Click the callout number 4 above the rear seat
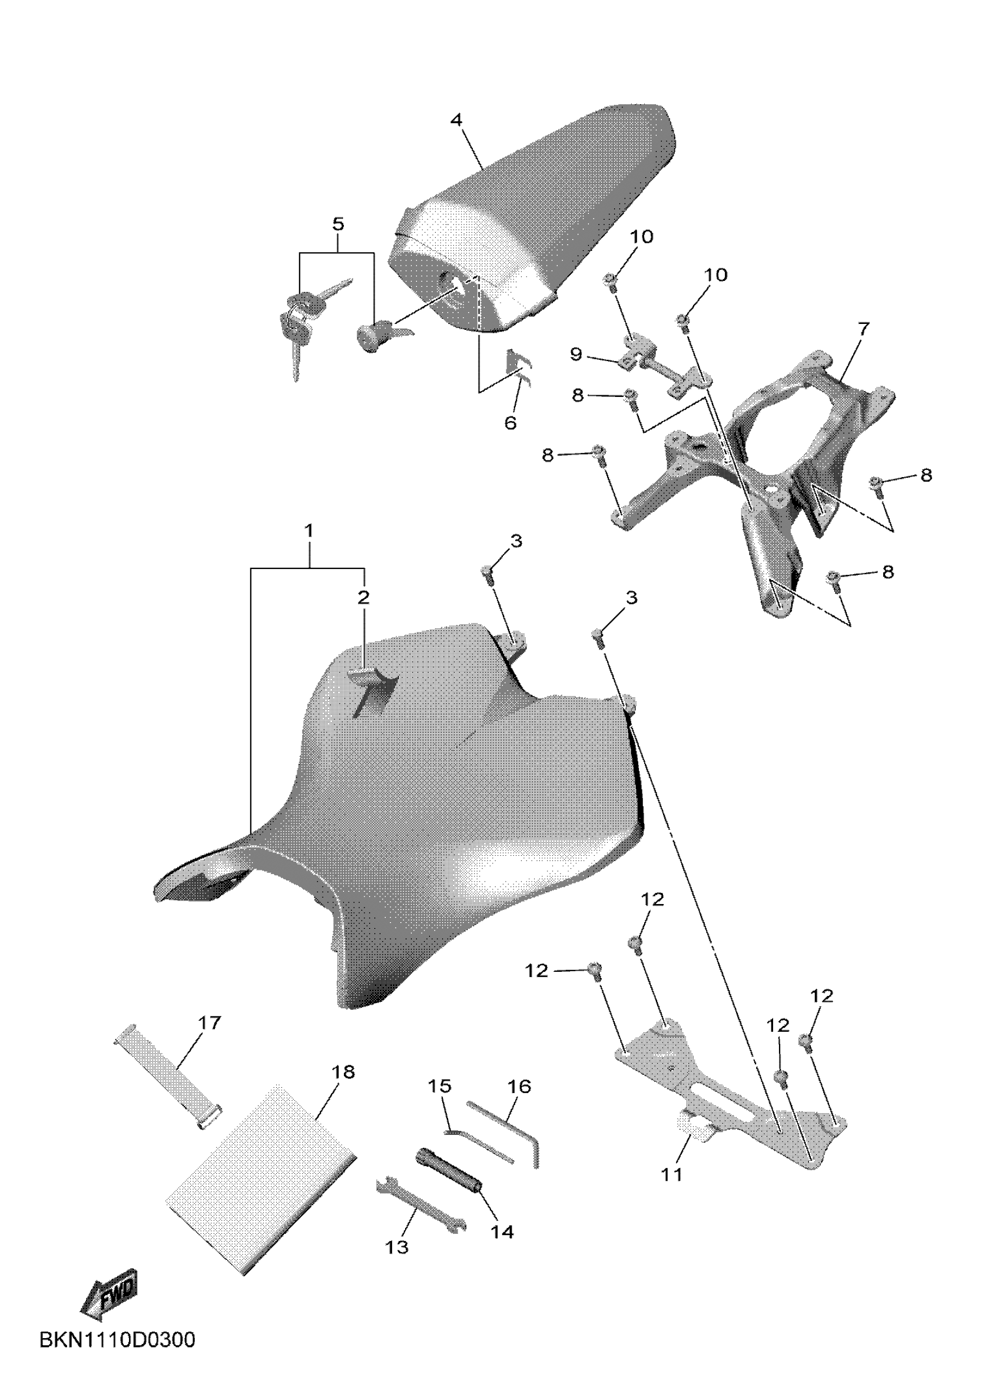[456, 120]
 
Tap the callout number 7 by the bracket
[862, 329]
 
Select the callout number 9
[575, 354]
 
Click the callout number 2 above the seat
[363, 597]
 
